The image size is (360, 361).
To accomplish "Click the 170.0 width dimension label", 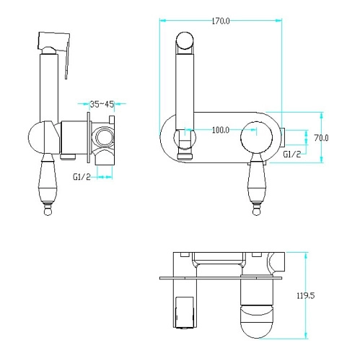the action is pos(221,21).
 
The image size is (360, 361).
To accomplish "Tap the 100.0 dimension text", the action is pos(221,130).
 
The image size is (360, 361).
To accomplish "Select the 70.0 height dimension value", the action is pos(321,138).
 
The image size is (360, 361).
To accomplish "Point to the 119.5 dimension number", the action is pos(305,295).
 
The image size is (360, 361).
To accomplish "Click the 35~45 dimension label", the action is pos(102,104).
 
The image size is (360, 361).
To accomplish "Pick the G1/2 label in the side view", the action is pos(82,177).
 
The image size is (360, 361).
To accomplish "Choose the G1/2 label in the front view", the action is pos(292,155).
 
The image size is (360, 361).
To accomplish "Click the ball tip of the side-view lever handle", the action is pos(48,212).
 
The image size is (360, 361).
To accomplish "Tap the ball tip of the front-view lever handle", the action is pos(256,212).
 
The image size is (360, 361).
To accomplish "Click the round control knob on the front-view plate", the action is pos(256,137).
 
